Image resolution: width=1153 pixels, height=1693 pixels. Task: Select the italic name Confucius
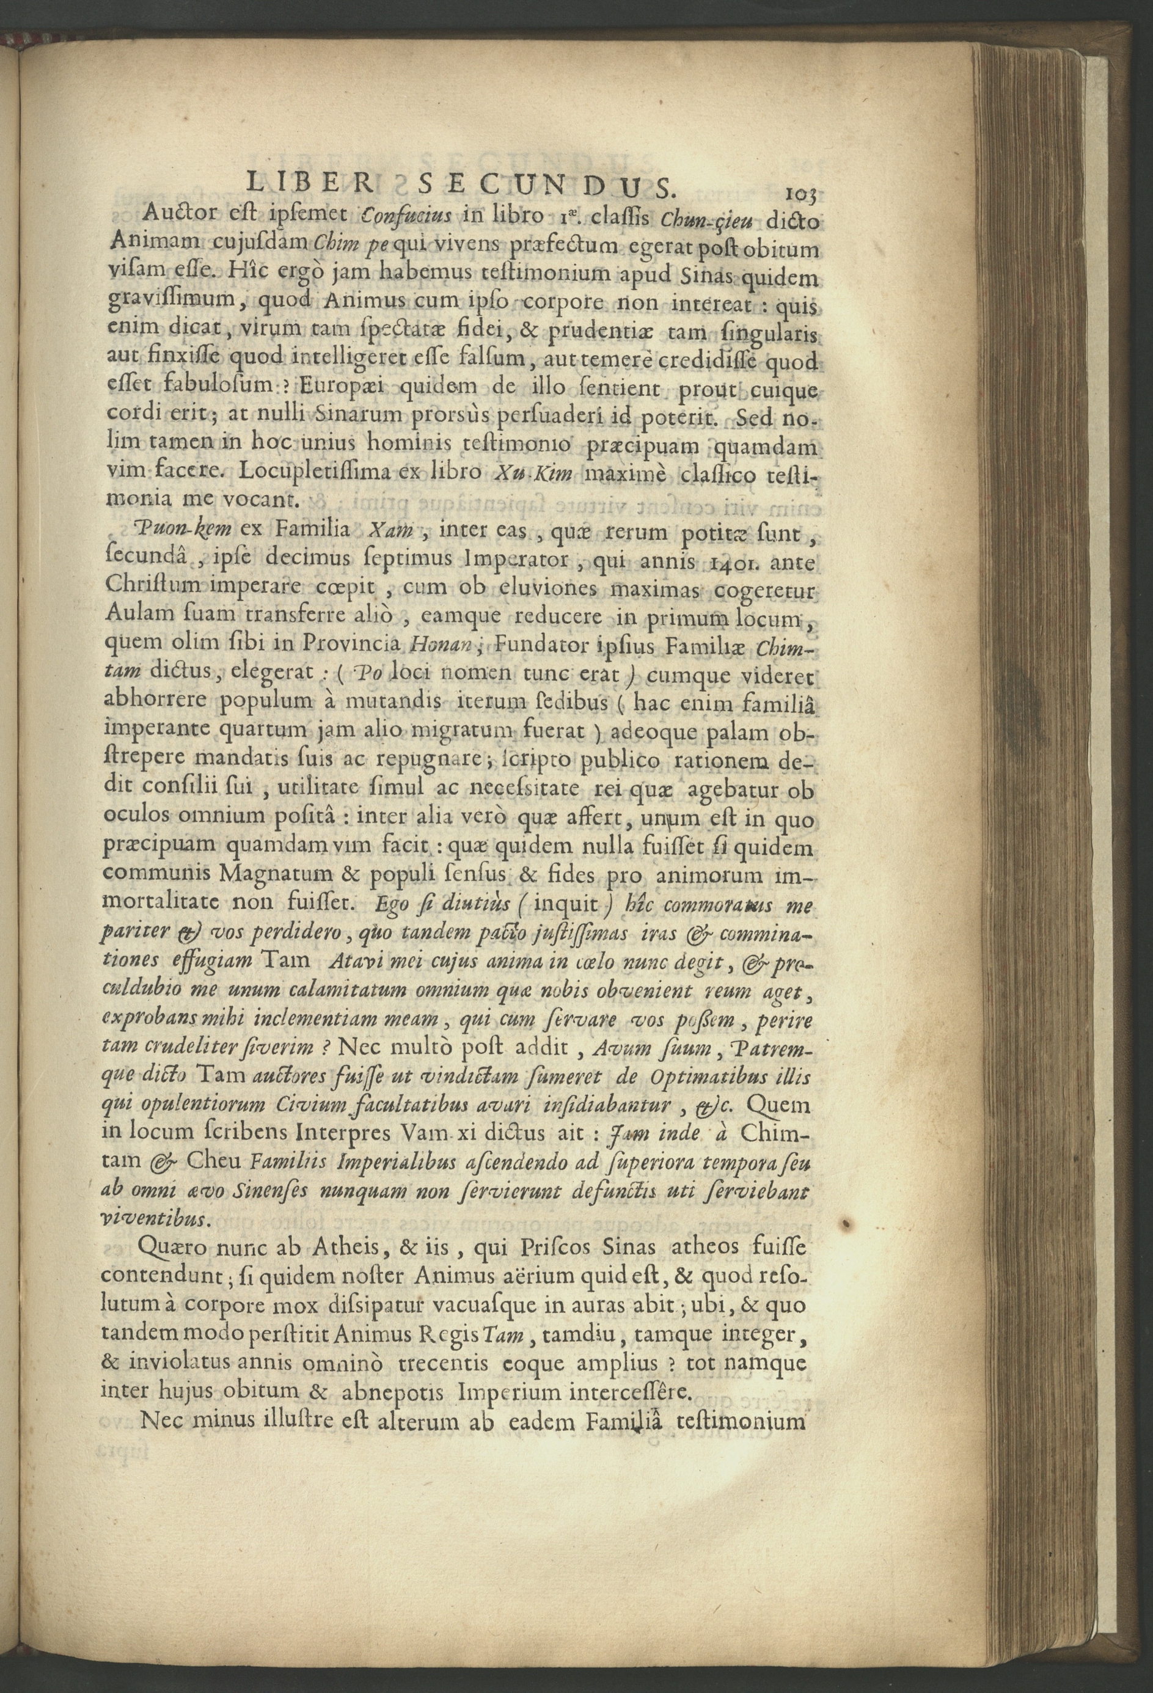coord(408,217)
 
